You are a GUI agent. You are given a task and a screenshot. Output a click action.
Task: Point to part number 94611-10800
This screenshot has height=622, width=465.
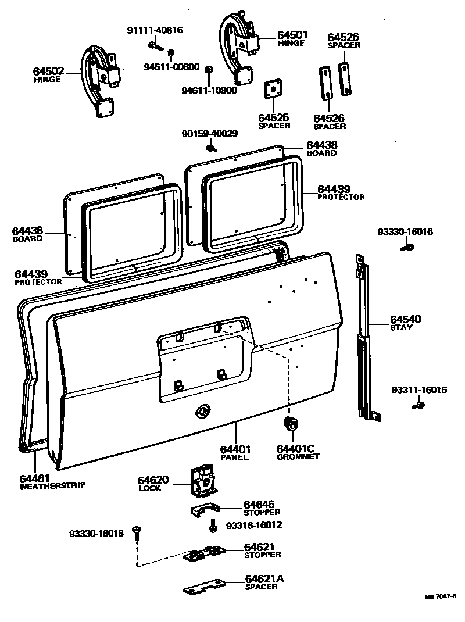[x=209, y=91]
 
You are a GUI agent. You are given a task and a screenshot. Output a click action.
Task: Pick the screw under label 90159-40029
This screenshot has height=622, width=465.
[x=212, y=148]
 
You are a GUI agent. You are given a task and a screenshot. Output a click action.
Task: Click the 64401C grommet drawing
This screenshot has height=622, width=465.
[x=291, y=425]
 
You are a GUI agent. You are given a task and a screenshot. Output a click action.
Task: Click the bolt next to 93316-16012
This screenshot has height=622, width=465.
[x=213, y=526]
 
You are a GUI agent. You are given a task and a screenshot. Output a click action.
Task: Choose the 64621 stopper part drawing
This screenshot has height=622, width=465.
[x=203, y=554]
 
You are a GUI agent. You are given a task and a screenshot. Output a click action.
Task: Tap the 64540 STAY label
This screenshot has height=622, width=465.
[x=406, y=323]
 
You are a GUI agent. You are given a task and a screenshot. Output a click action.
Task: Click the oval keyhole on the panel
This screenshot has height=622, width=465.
[x=202, y=410]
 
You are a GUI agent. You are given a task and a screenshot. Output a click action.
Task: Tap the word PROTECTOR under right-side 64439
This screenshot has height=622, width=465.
[x=341, y=197]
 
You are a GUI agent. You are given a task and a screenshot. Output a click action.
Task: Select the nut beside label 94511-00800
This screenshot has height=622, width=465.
[x=171, y=54]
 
